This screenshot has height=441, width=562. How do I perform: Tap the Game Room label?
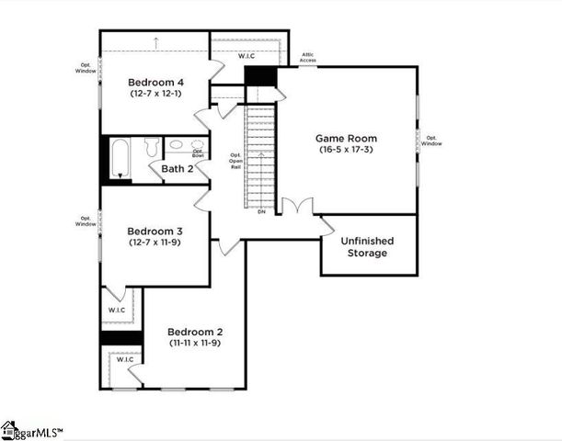[x=347, y=138]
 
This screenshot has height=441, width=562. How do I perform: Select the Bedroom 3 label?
[x=155, y=231]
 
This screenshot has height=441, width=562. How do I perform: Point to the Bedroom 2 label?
[x=194, y=332]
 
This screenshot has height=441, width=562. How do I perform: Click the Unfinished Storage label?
[x=367, y=246]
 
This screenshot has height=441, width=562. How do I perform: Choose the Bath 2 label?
[x=178, y=168]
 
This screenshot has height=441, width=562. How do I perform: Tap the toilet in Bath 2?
[x=152, y=147]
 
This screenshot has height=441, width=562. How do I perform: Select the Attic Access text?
[x=308, y=58]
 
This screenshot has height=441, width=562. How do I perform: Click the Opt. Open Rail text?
[x=235, y=162]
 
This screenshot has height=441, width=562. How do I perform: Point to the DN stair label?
[x=260, y=212]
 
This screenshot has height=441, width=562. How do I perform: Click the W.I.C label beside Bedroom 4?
[x=247, y=57]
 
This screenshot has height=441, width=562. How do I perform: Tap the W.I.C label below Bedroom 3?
[x=116, y=310]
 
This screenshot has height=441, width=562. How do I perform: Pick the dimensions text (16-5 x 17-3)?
[x=348, y=150]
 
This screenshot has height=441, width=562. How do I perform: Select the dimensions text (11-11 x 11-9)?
[x=194, y=343]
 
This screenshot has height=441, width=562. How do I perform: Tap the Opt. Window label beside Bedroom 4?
[x=86, y=69]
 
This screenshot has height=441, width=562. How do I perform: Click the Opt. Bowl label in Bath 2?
[x=197, y=152]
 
